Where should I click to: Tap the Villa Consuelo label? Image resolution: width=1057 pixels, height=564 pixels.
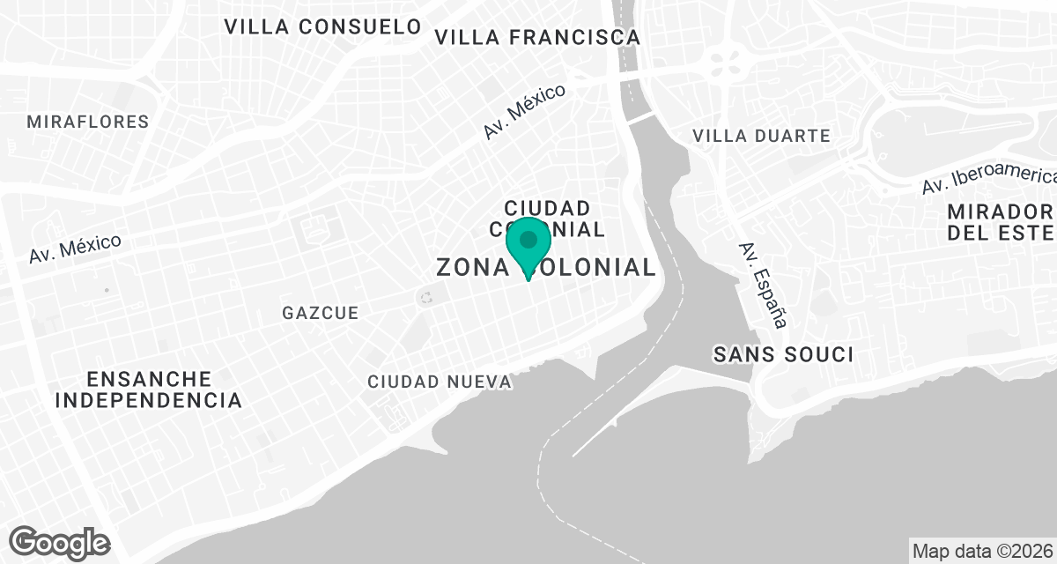(x=322, y=26)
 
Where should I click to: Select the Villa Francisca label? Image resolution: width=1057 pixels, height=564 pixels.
(x=537, y=37)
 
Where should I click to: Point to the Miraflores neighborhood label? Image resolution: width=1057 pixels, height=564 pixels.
(x=88, y=122)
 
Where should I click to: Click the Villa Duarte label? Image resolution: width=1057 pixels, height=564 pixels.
(x=761, y=136)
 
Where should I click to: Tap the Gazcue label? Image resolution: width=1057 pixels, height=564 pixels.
(x=321, y=313)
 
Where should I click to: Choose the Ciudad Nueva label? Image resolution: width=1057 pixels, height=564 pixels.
(x=440, y=382)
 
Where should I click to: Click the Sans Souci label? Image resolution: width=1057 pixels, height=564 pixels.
(x=783, y=354)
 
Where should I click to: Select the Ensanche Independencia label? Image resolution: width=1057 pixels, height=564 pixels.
(x=149, y=390)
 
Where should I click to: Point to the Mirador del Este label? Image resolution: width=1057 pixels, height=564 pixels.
(x=1001, y=222)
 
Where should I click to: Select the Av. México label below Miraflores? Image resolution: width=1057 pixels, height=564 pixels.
(x=75, y=249)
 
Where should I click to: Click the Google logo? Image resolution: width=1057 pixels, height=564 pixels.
(x=60, y=542)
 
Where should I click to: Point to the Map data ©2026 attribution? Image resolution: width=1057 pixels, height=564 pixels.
(x=982, y=552)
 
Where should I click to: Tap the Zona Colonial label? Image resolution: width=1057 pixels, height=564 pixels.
(x=546, y=267)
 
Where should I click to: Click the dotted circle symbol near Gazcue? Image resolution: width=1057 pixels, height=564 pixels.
(x=426, y=297)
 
